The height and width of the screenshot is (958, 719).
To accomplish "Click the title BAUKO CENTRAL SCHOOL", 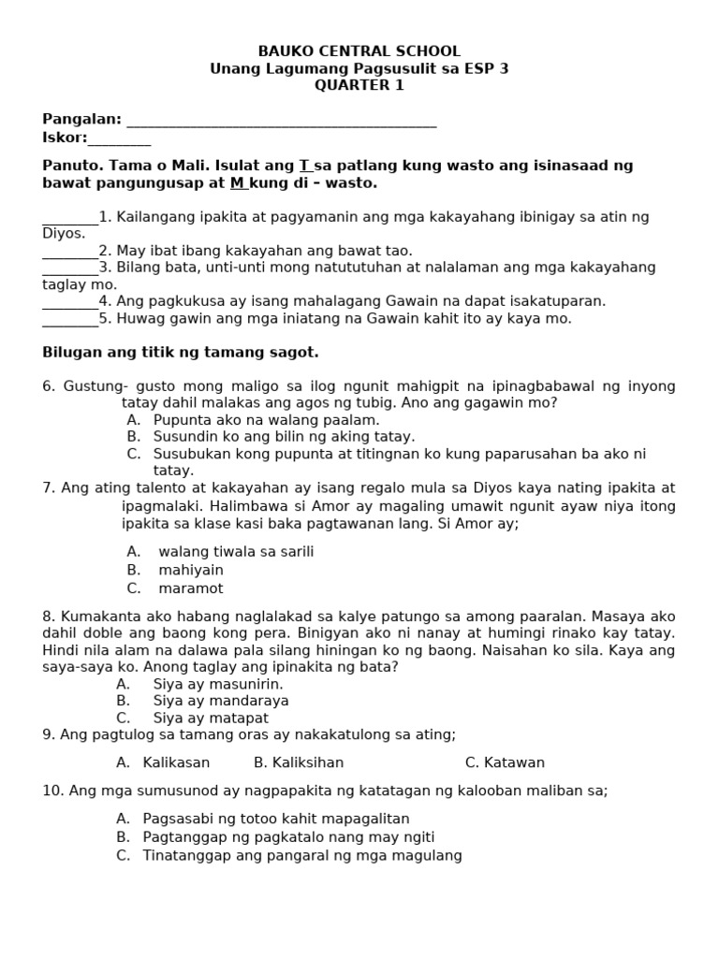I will [x=359, y=51].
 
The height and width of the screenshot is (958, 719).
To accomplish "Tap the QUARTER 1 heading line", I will [x=359, y=85].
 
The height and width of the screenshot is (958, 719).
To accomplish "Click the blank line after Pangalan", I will [x=281, y=122].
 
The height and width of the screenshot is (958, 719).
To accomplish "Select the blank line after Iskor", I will [x=119, y=140].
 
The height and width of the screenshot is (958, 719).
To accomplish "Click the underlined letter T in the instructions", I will [x=304, y=166].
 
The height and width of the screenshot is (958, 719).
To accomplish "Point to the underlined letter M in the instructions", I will [x=237, y=183].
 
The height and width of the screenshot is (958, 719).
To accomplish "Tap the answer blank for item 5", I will [x=70, y=320].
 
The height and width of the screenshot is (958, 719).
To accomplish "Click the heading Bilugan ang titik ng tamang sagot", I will [x=181, y=353].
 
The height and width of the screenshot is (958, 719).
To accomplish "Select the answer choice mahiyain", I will [x=191, y=570].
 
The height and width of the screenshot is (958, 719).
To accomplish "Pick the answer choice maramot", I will [x=191, y=588].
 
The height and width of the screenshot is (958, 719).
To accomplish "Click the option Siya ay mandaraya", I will [x=221, y=701].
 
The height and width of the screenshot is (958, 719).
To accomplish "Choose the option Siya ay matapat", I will [x=211, y=718].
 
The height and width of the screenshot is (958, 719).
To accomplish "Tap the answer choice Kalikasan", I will [x=176, y=762].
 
